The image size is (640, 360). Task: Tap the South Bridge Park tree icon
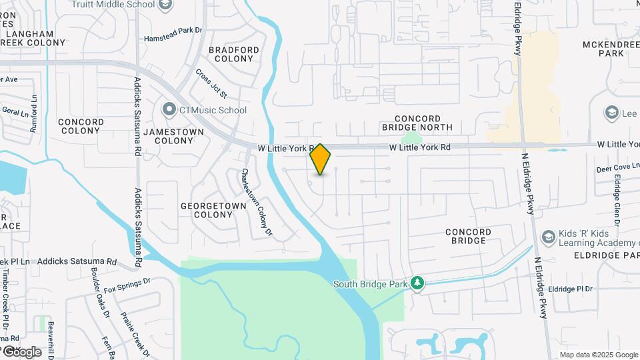[417, 284]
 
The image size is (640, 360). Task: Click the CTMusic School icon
[169, 110]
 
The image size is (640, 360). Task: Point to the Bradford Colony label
[233, 54]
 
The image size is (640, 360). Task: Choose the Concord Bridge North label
[417, 122]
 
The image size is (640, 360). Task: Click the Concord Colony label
[81, 126]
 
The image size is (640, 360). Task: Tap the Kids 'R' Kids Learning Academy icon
[548, 237]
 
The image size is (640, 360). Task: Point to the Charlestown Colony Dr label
[257, 202]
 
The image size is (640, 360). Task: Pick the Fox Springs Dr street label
[127, 285]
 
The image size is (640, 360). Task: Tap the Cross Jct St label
[211, 83]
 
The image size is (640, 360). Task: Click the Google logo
[22, 352]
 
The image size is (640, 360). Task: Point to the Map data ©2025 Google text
[599, 355]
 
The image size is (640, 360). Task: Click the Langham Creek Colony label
[33, 38]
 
